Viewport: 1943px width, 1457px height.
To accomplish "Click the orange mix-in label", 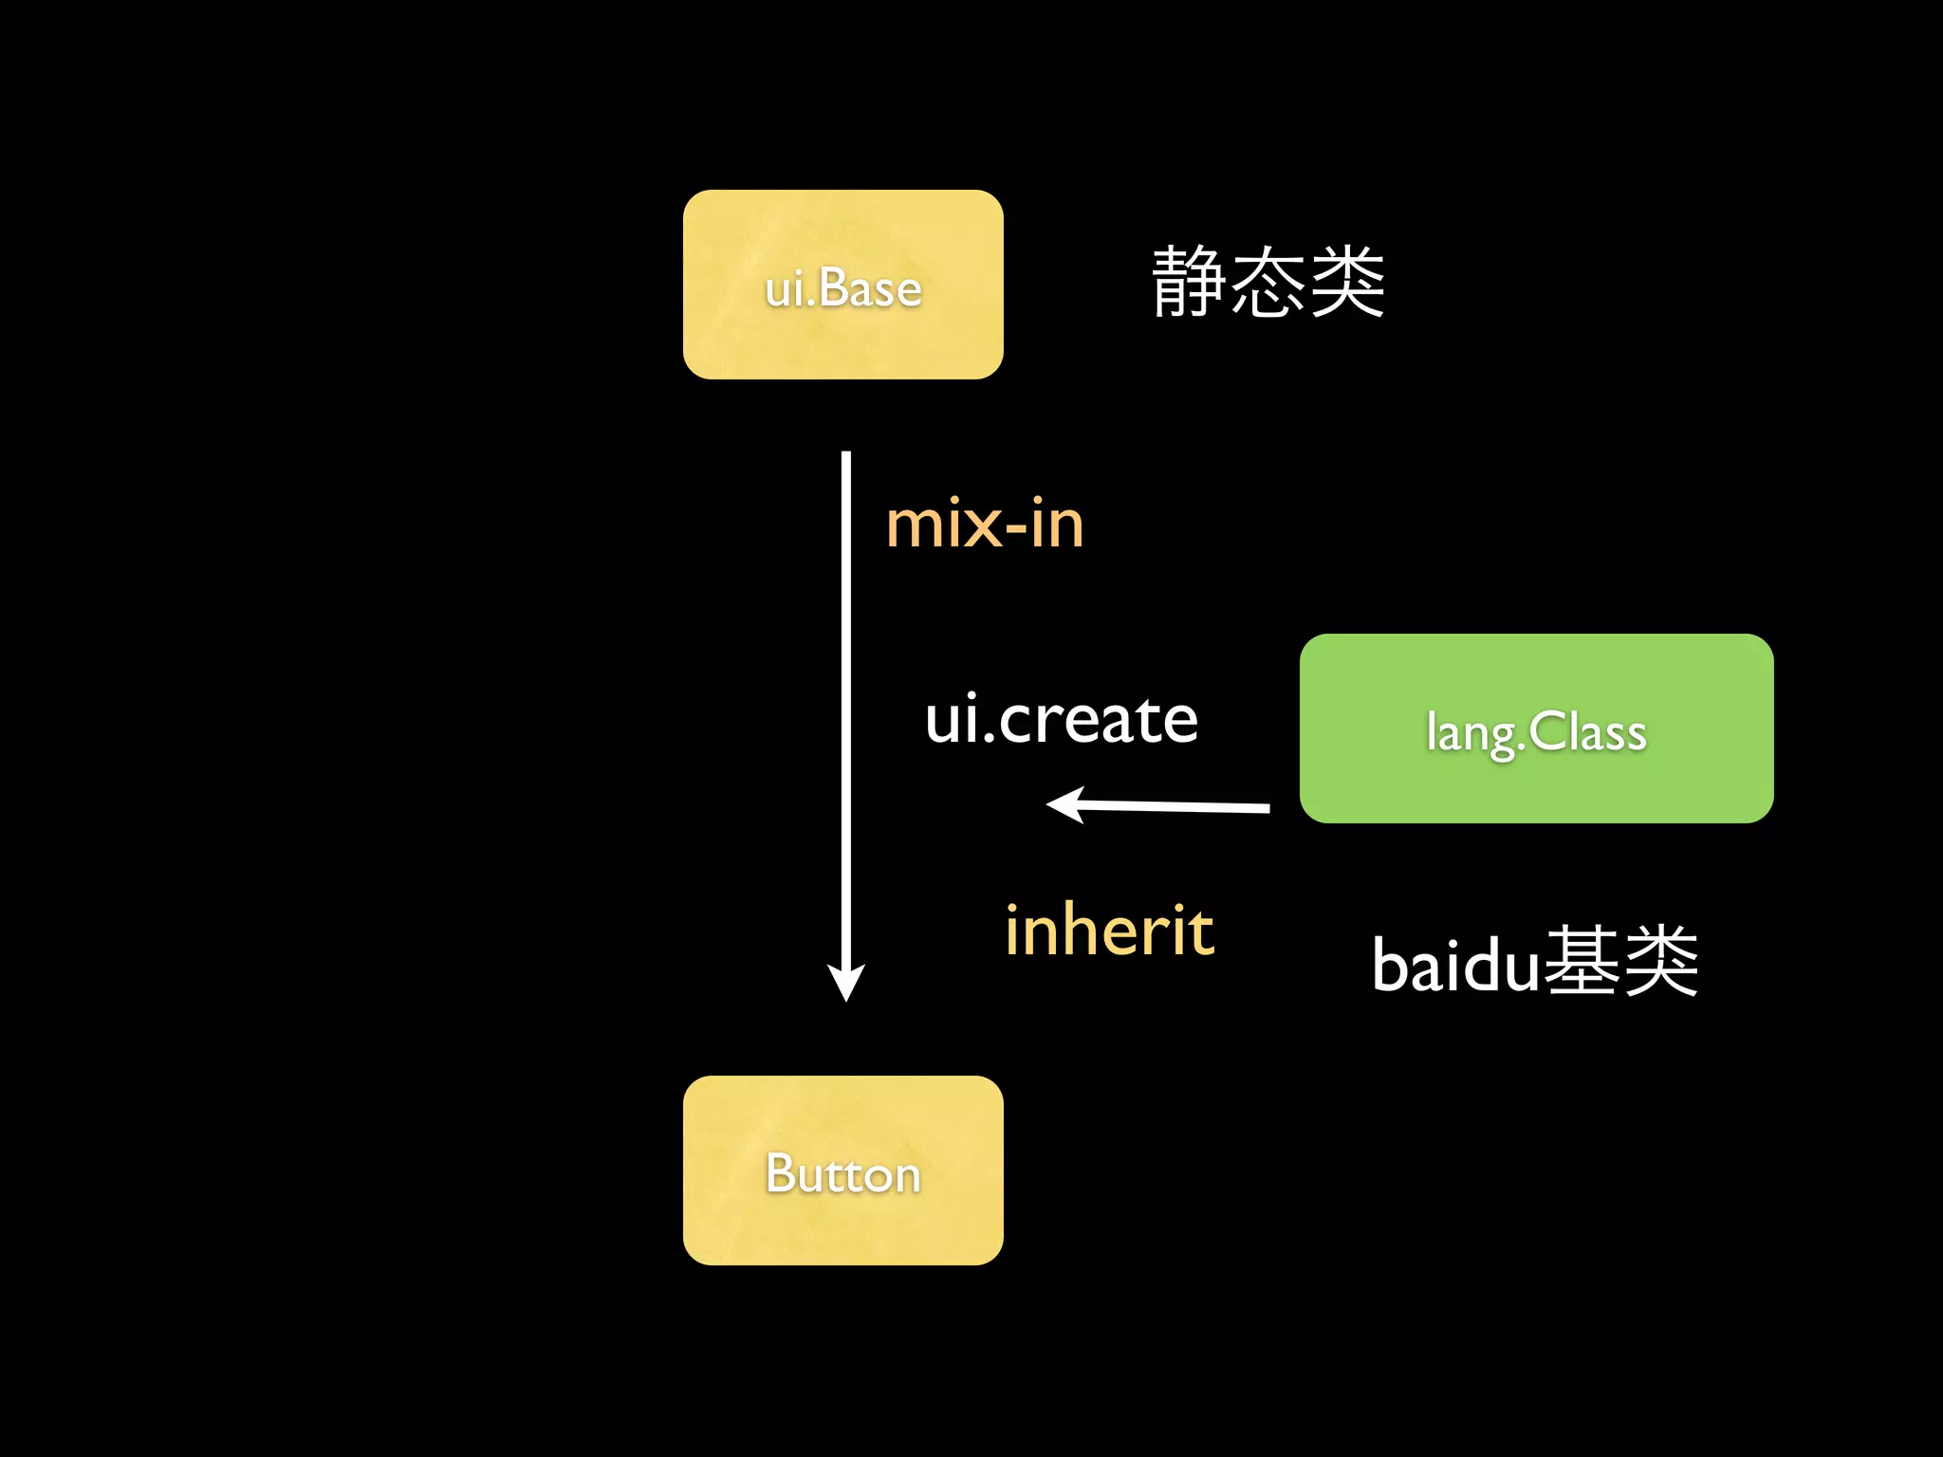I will (984, 524).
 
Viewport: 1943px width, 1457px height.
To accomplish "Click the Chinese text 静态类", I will (1268, 282).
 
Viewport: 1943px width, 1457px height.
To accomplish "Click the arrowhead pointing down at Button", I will (845, 983).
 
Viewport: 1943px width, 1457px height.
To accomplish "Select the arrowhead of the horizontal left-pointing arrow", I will (1065, 804).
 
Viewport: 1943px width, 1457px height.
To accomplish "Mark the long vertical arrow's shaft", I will (845, 711).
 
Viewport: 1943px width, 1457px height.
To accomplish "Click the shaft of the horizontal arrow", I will (1176, 806).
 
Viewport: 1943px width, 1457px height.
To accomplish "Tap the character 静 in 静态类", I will (1188, 282).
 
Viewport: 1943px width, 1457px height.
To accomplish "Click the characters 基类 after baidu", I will (1620, 962).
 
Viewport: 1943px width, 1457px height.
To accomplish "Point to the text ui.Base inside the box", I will (842, 288).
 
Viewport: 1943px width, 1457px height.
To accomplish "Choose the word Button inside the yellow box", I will (842, 1174).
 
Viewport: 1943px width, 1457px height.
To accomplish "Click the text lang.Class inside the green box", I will (1535, 733).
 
